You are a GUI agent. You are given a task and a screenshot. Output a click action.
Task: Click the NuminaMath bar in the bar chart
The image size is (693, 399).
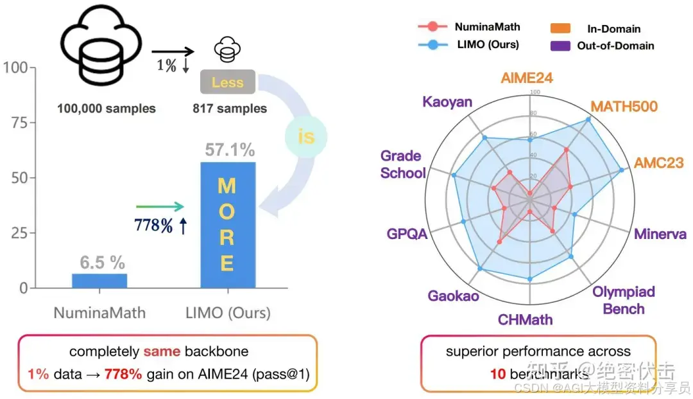coord(99,281)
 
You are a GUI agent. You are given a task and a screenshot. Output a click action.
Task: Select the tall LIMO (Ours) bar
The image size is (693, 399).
coord(228,225)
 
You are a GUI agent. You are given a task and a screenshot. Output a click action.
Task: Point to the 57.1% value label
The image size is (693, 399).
coord(230,150)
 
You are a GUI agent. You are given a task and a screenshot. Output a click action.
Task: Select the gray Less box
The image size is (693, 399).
coord(227,82)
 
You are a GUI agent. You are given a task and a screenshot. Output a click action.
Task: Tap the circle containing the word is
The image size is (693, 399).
coord(306,137)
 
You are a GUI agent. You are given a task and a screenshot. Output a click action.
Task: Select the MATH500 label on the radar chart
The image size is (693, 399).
coord(624,105)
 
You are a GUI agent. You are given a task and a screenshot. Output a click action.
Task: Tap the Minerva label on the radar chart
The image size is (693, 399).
coord(660,234)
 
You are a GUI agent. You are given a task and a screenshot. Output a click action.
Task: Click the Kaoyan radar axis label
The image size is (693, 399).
coord(447,102)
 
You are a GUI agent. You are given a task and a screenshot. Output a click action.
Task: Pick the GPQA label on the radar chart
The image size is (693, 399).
coord(407,234)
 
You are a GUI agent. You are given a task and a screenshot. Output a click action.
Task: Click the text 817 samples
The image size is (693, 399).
coord(230,109)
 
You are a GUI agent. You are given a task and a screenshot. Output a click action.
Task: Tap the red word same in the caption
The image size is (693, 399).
coord(162,352)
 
